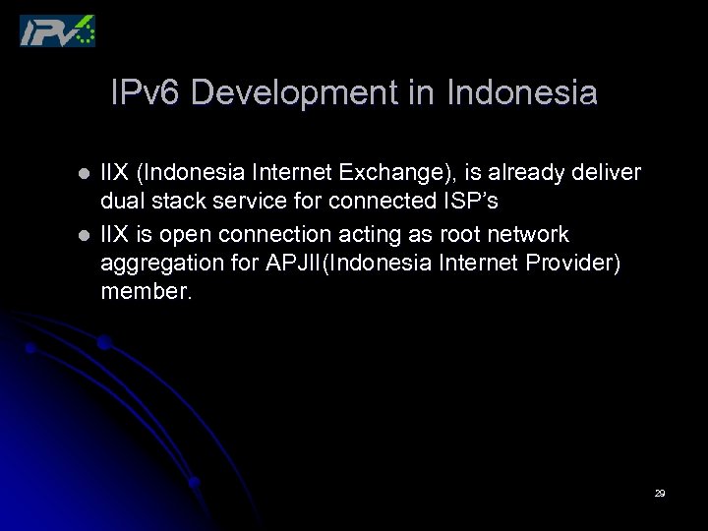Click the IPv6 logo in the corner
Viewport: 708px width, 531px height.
tap(58, 30)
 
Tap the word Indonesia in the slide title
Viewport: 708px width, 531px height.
tap(521, 93)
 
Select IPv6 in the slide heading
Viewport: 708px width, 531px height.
tap(147, 93)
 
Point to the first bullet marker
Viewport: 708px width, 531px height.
tap(84, 174)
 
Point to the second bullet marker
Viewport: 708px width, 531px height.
tap(84, 235)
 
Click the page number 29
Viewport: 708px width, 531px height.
tap(660, 493)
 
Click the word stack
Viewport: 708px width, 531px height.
tap(182, 204)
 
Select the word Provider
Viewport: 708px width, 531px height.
tap(570, 265)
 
